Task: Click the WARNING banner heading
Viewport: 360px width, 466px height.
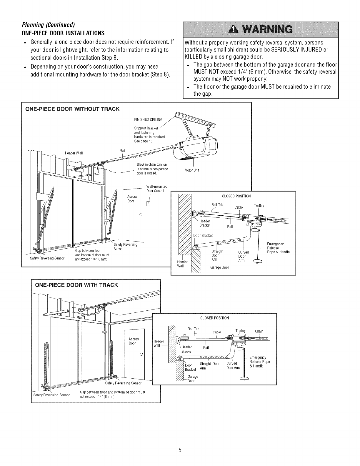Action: (x=260, y=30)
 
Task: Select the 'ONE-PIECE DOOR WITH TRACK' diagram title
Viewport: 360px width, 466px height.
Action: (x=76, y=285)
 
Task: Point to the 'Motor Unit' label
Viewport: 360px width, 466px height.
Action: (x=192, y=170)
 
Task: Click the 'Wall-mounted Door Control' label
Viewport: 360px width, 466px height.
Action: (x=156, y=188)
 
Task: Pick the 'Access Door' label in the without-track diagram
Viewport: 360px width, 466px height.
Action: (x=131, y=199)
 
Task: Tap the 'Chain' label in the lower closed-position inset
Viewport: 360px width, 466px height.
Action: (x=259, y=331)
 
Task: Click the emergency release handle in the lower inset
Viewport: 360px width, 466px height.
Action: (x=245, y=379)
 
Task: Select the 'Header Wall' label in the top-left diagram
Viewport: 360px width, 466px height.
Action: (x=74, y=153)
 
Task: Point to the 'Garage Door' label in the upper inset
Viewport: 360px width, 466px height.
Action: (x=219, y=267)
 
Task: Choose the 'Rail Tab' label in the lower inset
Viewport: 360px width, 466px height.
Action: (x=193, y=329)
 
